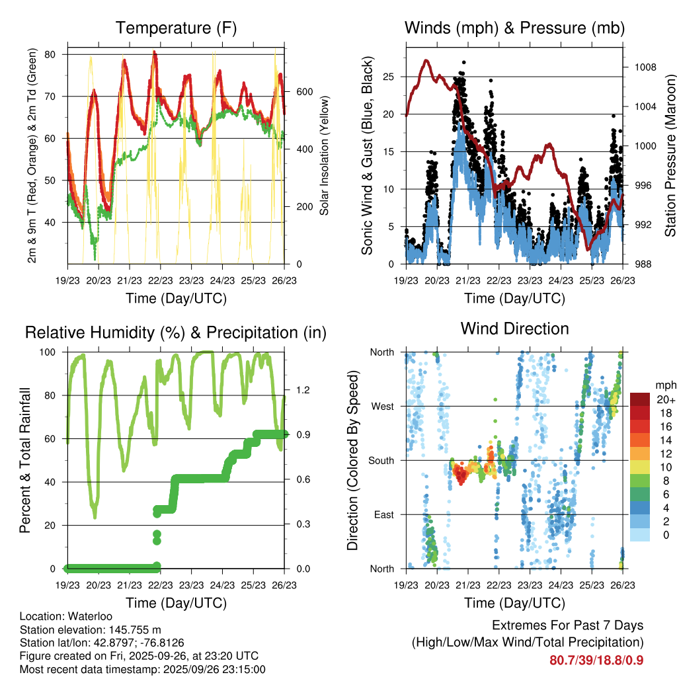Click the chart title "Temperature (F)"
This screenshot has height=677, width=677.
[x=176, y=28]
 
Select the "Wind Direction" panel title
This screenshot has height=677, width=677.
[x=514, y=328]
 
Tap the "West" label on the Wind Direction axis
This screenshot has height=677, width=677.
[x=382, y=406]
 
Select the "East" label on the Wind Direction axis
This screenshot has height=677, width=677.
[x=383, y=514]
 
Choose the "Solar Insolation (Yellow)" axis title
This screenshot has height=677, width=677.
[x=325, y=156]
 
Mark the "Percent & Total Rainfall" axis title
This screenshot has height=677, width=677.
[x=25, y=460]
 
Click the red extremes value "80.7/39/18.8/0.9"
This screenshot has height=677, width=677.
[x=596, y=660]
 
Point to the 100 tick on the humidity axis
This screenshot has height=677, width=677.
[x=52, y=352]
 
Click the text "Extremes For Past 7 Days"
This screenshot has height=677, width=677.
[x=567, y=625]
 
